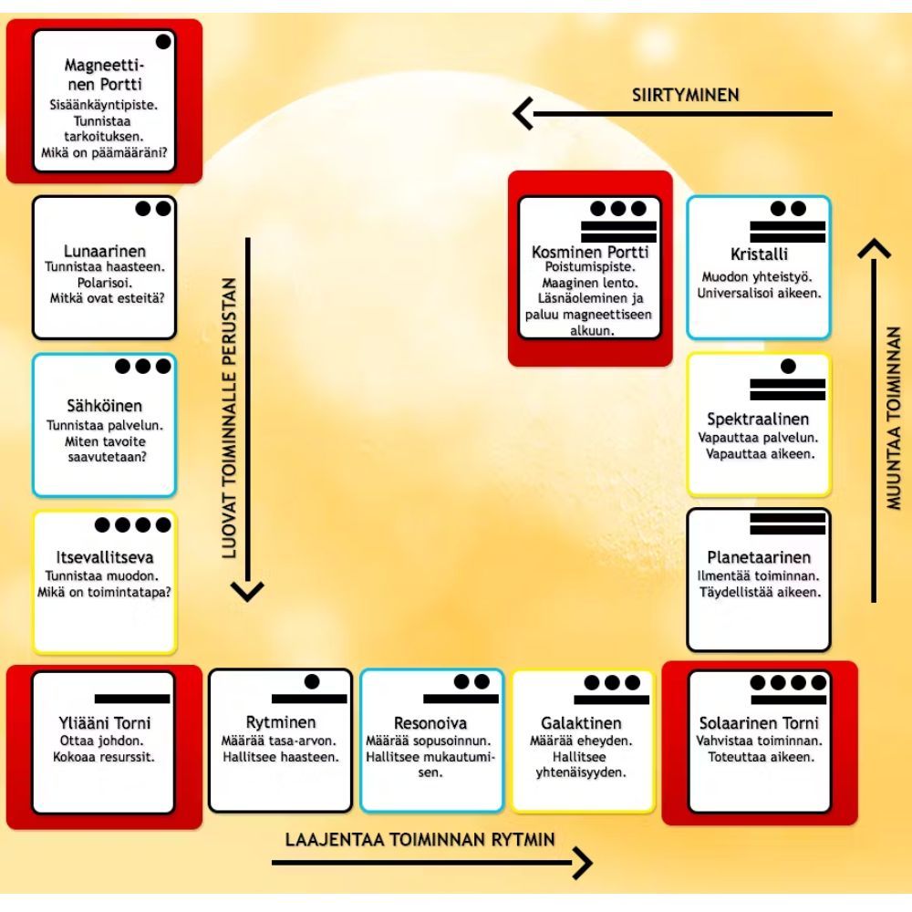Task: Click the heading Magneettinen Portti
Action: coord(103,75)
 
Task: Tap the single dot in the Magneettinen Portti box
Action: coord(163,41)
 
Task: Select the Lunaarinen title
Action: coord(105,251)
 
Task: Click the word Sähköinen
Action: coord(105,406)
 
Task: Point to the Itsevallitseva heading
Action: coord(105,557)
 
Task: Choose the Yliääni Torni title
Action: coord(103,724)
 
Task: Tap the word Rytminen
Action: coord(281,723)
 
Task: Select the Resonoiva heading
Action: coord(431,723)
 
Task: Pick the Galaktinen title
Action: coord(583,723)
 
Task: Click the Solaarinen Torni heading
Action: coord(759,723)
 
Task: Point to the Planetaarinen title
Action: coord(759,557)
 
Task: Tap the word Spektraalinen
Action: coord(759,420)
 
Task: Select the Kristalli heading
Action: coord(759,254)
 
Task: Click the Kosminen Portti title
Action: coord(589,251)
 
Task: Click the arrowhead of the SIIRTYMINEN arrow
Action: coord(521,114)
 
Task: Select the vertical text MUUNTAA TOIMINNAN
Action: coord(895,417)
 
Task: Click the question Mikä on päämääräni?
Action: coord(103,154)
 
